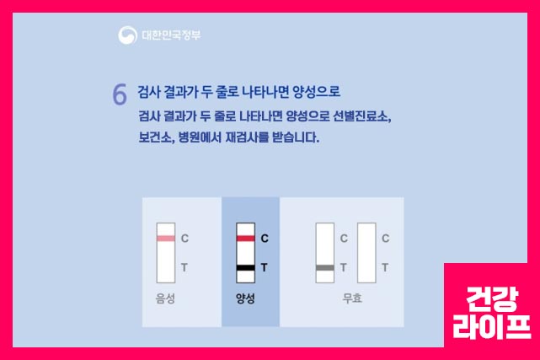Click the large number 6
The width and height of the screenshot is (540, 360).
[x=120, y=94]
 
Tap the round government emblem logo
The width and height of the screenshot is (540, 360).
[x=128, y=35]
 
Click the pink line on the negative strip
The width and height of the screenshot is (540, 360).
[x=166, y=239]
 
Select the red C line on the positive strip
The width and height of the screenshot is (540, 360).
[x=245, y=239]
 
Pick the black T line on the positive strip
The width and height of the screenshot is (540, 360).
[x=245, y=268]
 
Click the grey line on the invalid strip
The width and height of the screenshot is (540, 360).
[x=324, y=268]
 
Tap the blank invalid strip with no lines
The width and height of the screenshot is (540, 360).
[x=366, y=252]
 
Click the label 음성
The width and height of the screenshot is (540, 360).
[x=165, y=298]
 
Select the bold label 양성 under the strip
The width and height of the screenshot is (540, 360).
[x=245, y=298]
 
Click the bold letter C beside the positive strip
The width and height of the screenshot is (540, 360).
[x=265, y=239]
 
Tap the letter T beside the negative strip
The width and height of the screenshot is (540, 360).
[x=184, y=268]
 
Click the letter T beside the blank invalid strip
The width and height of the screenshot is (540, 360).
[x=385, y=268]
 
